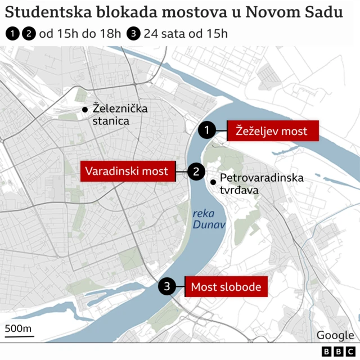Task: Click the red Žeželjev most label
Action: point(273,131)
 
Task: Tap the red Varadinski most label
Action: point(127,171)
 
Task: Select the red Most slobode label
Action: point(226,287)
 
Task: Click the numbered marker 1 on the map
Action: point(208,130)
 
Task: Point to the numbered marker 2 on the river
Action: point(196,172)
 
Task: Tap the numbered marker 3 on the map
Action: point(166,287)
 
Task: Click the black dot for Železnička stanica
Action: point(84,109)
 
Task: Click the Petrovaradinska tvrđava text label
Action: point(261,184)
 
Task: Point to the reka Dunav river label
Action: point(208,219)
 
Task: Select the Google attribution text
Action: point(335,335)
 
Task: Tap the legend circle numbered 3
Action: point(134,33)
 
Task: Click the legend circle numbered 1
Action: point(12,33)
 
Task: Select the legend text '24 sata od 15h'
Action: point(186,33)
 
